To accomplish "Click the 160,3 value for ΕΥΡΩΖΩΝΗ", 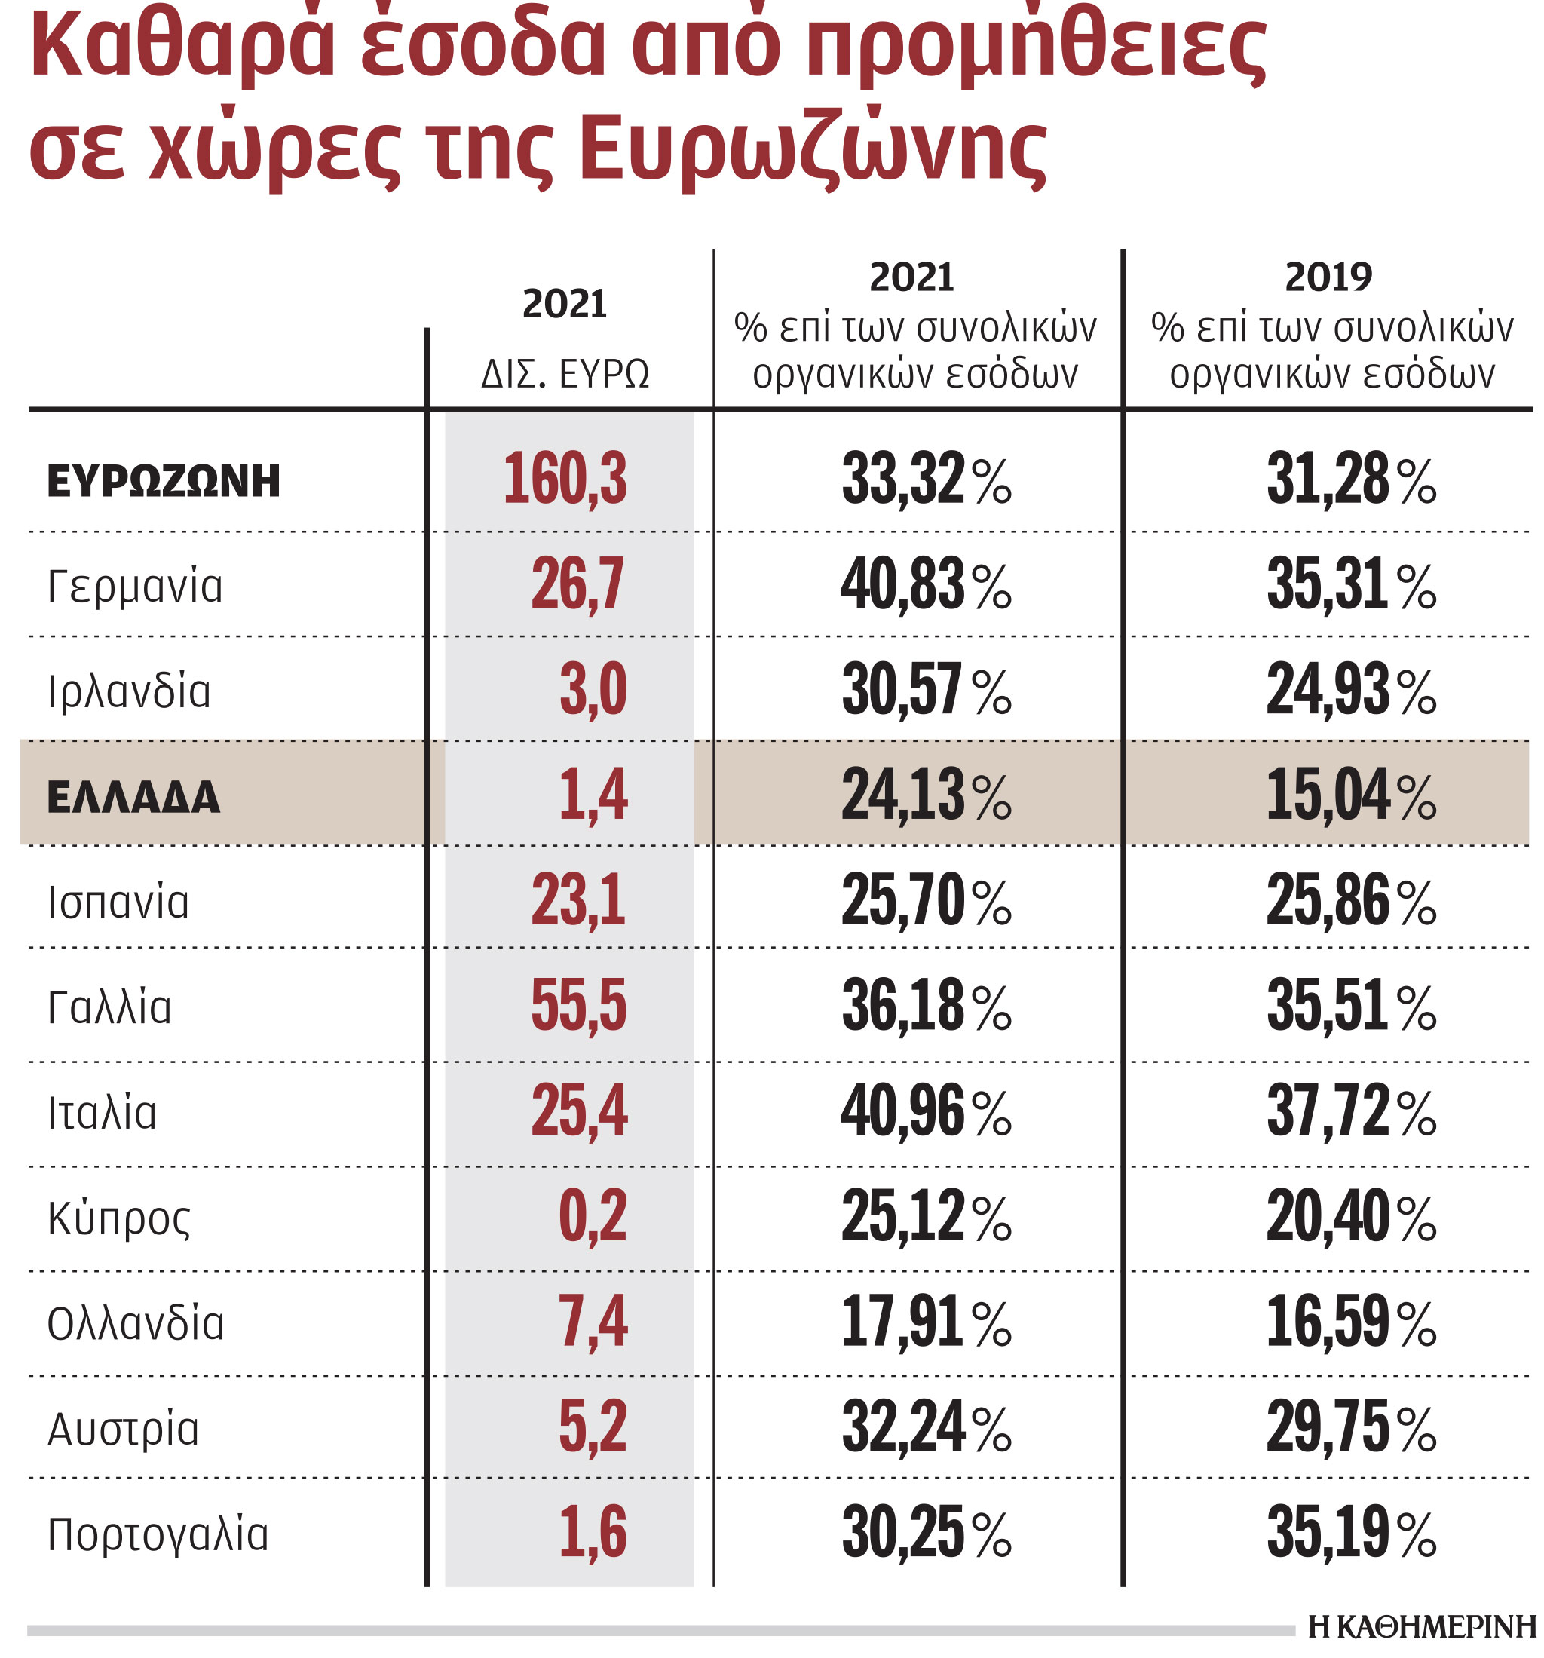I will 565,480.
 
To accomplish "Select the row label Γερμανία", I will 135,586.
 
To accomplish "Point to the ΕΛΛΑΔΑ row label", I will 133,796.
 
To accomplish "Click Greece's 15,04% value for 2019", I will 1350,795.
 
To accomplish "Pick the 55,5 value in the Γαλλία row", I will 578,1006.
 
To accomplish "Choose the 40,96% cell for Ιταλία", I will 925,1111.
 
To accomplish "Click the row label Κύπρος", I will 119,1218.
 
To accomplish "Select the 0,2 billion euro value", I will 593,1217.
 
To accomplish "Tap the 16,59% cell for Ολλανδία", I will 1350,1322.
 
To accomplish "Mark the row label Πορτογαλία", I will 158,1534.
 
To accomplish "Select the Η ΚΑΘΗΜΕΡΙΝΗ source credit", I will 1421,1626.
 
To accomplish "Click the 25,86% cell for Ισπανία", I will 1350,901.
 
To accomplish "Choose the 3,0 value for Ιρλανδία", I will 593,691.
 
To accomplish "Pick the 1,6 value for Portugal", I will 593,1533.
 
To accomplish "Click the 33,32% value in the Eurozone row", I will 925,480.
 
